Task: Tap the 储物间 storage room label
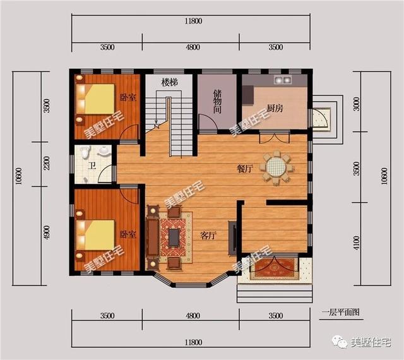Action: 217,100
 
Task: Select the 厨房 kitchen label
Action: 275,108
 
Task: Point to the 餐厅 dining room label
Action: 245,169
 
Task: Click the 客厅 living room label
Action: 209,236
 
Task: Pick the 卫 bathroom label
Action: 92,166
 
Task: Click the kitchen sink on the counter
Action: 282,80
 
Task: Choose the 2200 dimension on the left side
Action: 46,165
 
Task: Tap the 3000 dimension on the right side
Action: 356,104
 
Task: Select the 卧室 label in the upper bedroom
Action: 128,97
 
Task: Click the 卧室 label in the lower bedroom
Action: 128,235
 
